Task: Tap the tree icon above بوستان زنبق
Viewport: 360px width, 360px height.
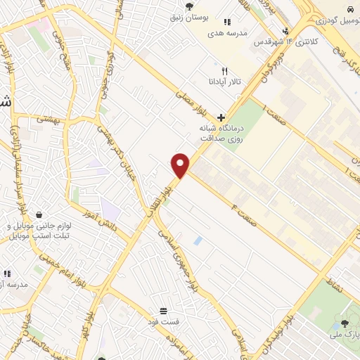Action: (190, 6)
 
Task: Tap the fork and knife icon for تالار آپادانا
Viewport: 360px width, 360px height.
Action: (225, 71)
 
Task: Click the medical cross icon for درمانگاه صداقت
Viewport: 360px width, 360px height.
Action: (221, 117)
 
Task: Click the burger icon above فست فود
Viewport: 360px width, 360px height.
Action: (163, 310)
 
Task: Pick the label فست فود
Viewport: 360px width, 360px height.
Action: (163, 321)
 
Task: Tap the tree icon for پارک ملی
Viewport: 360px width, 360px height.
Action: (344, 323)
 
